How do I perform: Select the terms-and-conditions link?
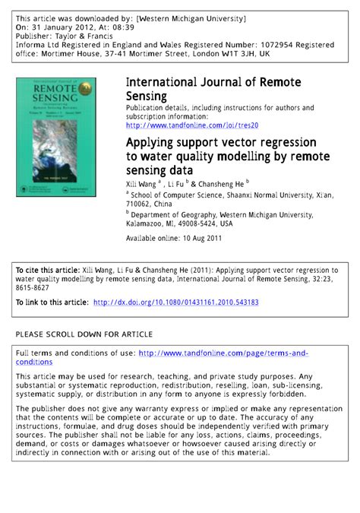(223, 353)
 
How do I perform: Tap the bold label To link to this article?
(51, 302)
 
